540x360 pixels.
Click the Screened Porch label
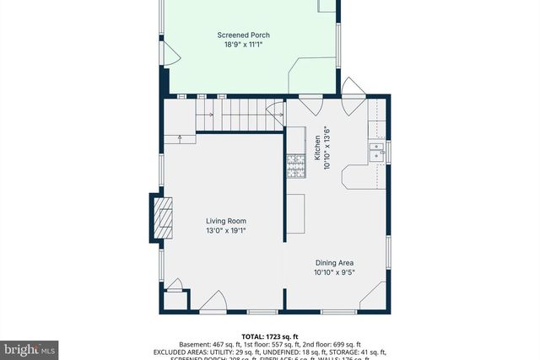click(x=243, y=35)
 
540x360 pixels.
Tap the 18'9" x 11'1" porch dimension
click(x=243, y=45)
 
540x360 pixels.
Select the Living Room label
click(x=225, y=221)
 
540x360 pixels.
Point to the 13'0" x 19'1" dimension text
click(x=225, y=230)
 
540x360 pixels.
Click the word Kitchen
click(x=318, y=148)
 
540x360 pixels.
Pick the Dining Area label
click(x=335, y=262)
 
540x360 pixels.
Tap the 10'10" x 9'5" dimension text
click(x=335, y=271)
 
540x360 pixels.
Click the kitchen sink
click(x=376, y=152)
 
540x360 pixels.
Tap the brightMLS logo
click(x=30, y=347)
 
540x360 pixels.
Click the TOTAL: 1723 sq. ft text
click(x=269, y=336)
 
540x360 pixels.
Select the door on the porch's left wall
click(x=171, y=54)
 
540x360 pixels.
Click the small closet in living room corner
click(x=175, y=299)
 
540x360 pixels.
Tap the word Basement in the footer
click(x=194, y=344)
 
